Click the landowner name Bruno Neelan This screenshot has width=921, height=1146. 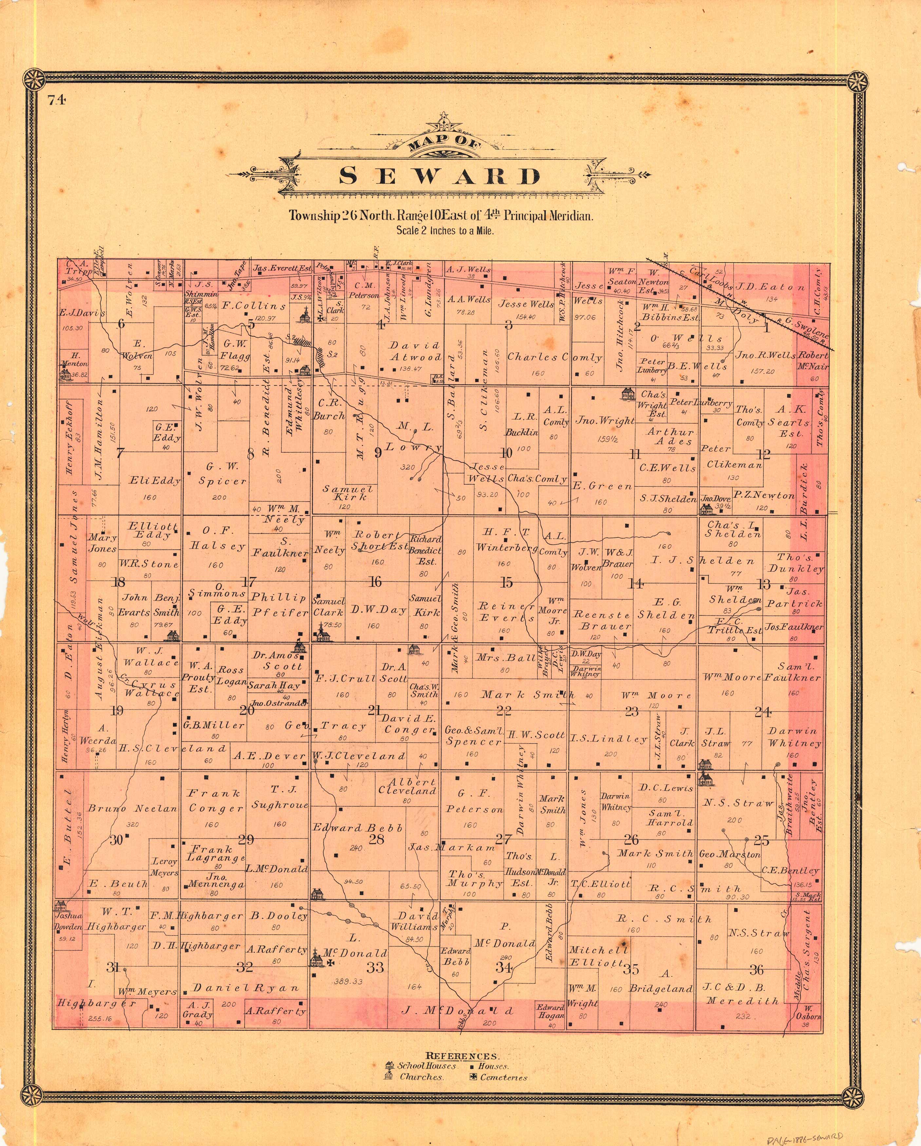coord(132,808)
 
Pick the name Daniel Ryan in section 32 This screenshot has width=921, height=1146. coord(246,988)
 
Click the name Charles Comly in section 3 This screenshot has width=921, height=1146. coord(554,357)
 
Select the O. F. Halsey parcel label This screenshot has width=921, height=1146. coord(217,538)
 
